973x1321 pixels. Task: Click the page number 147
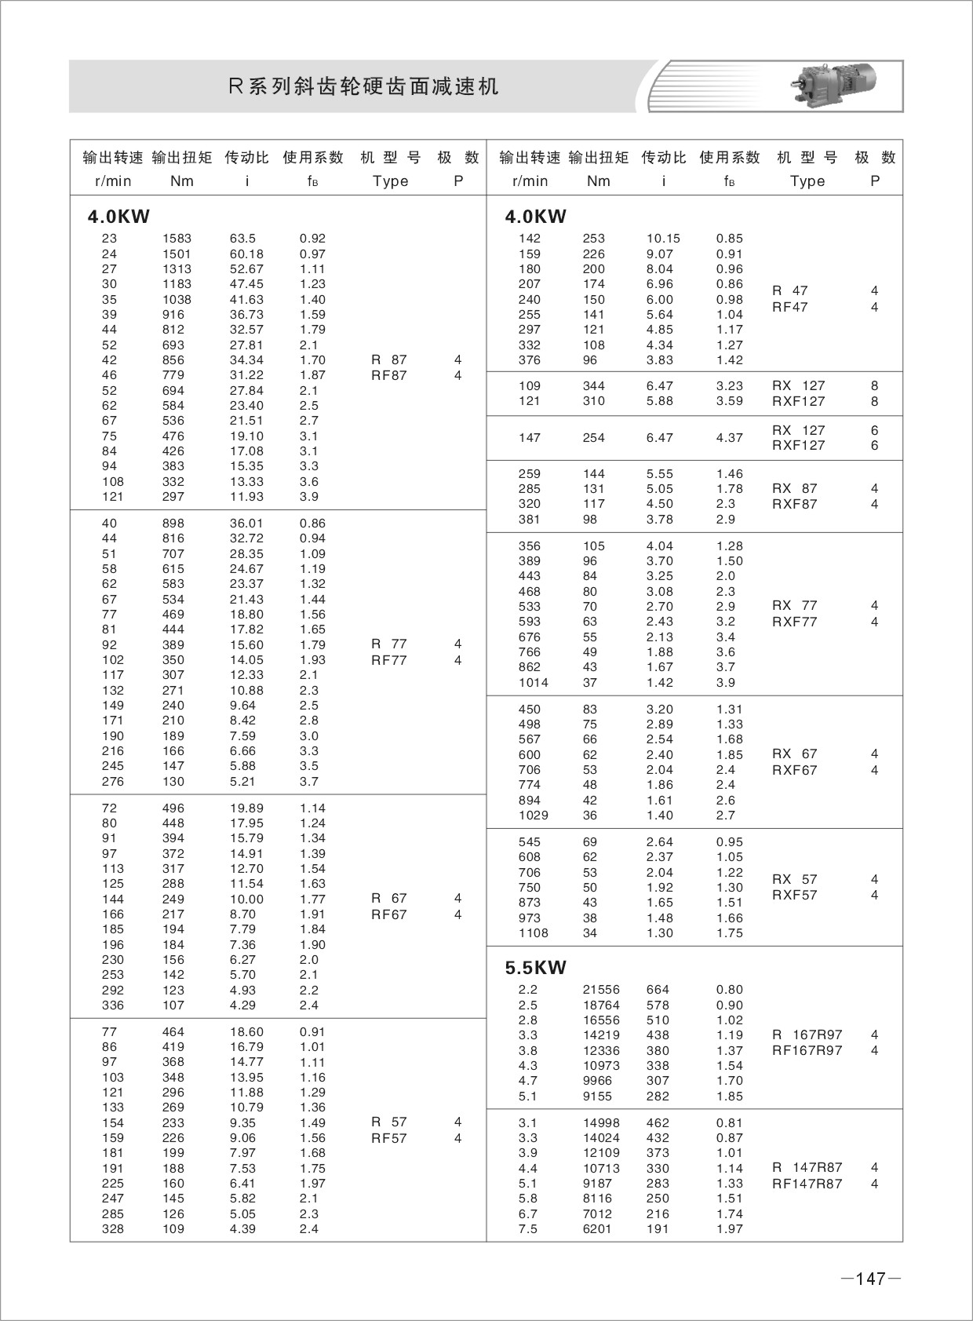870,1279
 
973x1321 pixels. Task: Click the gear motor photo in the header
833,85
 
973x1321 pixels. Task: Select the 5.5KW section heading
535,968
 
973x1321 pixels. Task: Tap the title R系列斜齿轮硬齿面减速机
363,86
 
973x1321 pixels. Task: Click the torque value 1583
177,239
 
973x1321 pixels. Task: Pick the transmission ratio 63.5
243,239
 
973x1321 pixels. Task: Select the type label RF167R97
807,1051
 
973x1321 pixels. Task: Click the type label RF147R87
807,1184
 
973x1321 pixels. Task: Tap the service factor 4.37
730,438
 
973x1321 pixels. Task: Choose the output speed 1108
534,933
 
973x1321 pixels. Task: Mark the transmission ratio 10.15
663,239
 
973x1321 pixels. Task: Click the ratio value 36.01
246,524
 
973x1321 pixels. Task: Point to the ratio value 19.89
246,808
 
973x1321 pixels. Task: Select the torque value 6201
597,1229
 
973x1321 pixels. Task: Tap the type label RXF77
795,622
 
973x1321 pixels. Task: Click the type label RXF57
795,896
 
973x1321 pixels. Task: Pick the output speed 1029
534,816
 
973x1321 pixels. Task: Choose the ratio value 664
658,990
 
